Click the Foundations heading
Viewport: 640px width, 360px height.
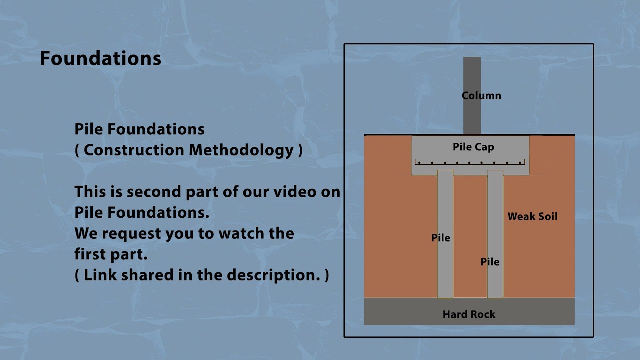tap(100, 59)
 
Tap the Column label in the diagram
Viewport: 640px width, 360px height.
tap(481, 95)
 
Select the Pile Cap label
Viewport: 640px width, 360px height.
tap(473, 147)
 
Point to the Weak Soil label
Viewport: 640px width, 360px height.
tap(532, 216)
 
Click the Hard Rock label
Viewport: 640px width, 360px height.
tap(469, 314)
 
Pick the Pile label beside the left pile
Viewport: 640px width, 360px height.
tap(441, 238)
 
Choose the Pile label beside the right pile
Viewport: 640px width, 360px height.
tap(490, 262)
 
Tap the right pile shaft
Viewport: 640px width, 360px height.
tap(495, 220)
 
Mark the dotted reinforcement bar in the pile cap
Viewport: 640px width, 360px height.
tap(470, 163)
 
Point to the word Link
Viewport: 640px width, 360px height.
tap(100, 275)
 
